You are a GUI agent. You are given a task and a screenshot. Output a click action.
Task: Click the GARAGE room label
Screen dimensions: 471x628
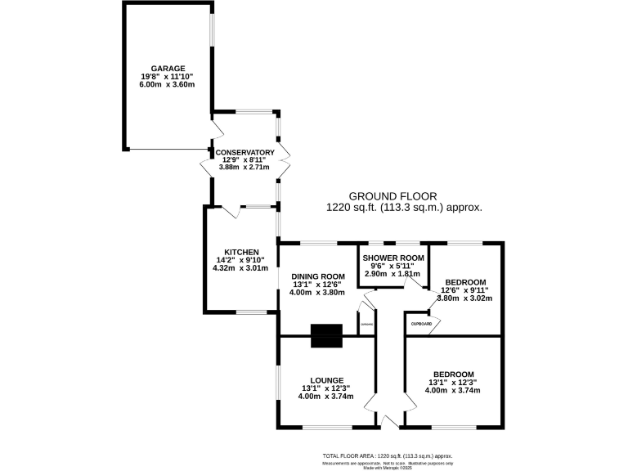pyautogui.click(x=167, y=69)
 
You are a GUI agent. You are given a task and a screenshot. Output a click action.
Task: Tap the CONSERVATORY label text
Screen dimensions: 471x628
pyautogui.click(x=244, y=152)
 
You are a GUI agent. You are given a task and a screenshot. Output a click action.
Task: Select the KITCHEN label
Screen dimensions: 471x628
pyautogui.click(x=242, y=252)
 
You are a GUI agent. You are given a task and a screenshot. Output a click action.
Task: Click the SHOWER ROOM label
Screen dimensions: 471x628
pyautogui.click(x=394, y=258)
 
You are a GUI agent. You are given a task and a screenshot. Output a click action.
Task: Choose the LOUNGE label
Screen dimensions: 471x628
pyautogui.click(x=327, y=380)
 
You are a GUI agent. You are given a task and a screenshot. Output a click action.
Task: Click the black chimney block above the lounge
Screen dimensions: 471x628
pyautogui.click(x=327, y=335)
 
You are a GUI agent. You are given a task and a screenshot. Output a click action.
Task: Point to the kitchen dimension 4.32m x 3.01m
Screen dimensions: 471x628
pyautogui.click(x=240, y=267)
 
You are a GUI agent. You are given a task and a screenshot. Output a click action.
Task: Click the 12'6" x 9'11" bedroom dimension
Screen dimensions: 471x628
pyautogui.click(x=465, y=289)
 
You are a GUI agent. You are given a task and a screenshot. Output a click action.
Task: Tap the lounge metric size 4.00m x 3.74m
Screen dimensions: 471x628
pyautogui.click(x=325, y=397)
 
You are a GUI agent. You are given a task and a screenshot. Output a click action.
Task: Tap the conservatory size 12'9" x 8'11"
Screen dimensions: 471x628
pyautogui.click(x=244, y=159)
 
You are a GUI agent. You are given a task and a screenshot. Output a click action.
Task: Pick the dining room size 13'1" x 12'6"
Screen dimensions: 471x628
pyautogui.click(x=317, y=285)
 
